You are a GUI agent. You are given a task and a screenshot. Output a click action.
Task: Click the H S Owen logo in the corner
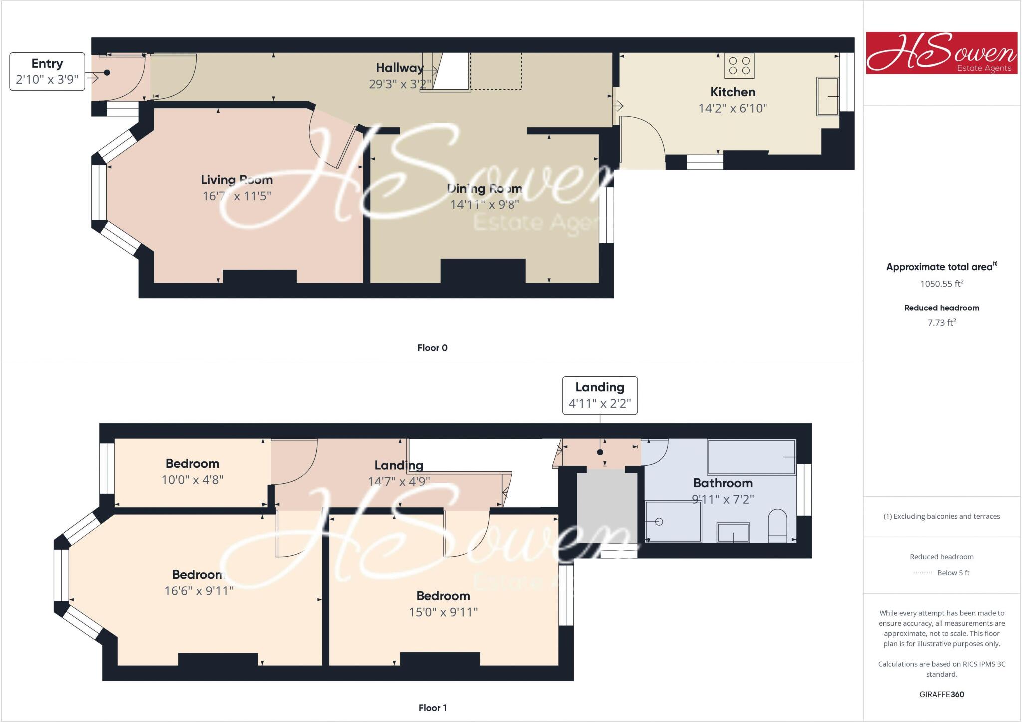click(x=941, y=53)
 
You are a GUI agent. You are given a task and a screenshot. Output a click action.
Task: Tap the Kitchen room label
click(x=733, y=92)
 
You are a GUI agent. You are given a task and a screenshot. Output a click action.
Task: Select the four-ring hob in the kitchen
click(x=739, y=66)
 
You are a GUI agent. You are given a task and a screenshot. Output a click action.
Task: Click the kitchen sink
click(x=827, y=96)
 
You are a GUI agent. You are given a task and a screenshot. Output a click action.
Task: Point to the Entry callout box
click(x=47, y=71)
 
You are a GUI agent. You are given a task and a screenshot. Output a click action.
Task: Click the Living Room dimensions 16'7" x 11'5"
click(x=237, y=196)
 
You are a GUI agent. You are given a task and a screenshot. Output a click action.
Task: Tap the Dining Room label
click(x=485, y=189)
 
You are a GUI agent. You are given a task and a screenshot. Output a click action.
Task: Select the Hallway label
click(x=399, y=68)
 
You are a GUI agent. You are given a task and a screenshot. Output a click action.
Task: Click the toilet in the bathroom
click(x=777, y=525)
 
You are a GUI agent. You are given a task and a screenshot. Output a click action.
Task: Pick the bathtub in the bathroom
click(x=751, y=457)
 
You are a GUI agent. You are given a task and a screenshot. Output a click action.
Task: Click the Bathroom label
click(x=723, y=483)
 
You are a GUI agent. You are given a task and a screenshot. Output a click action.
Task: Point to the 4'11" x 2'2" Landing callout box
click(x=600, y=395)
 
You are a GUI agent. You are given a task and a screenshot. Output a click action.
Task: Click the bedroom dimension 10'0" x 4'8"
click(x=192, y=480)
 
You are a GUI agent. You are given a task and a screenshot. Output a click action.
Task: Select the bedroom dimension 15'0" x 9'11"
click(x=443, y=612)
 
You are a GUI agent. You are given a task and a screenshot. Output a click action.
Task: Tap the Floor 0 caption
click(x=432, y=348)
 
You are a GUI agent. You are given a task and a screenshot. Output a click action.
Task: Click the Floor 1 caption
click(x=432, y=708)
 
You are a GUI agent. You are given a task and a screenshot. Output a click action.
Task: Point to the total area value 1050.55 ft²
click(x=941, y=284)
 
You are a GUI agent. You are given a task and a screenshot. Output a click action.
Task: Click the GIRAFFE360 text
click(x=941, y=694)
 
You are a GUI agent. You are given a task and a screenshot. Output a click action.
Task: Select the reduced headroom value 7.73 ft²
click(x=941, y=323)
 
